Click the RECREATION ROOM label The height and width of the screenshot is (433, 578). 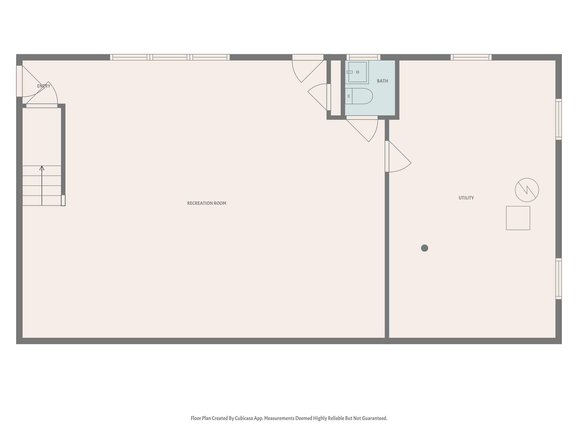[x=207, y=203]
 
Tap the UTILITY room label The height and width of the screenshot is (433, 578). [x=466, y=198]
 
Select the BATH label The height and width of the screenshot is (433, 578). [x=382, y=81]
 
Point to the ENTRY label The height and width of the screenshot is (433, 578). [x=44, y=86]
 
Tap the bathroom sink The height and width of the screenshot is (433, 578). [x=357, y=72]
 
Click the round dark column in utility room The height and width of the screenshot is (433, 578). [x=424, y=248]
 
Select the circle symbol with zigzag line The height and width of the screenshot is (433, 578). [x=527, y=190]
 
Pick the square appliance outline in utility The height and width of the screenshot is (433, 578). [x=518, y=218]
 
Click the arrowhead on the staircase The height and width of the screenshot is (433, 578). [x=42, y=168]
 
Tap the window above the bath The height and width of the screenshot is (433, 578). [x=363, y=57]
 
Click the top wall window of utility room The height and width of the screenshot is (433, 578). [x=471, y=57]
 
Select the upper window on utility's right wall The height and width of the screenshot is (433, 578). [x=559, y=119]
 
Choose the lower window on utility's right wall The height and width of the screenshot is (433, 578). [x=559, y=279]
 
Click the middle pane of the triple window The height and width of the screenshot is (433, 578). [x=170, y=57]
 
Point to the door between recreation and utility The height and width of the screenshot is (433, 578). [x=387, y=156]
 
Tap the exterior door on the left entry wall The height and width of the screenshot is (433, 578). [x=19, y=81]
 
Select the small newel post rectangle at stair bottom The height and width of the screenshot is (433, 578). [x=63, y=200]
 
